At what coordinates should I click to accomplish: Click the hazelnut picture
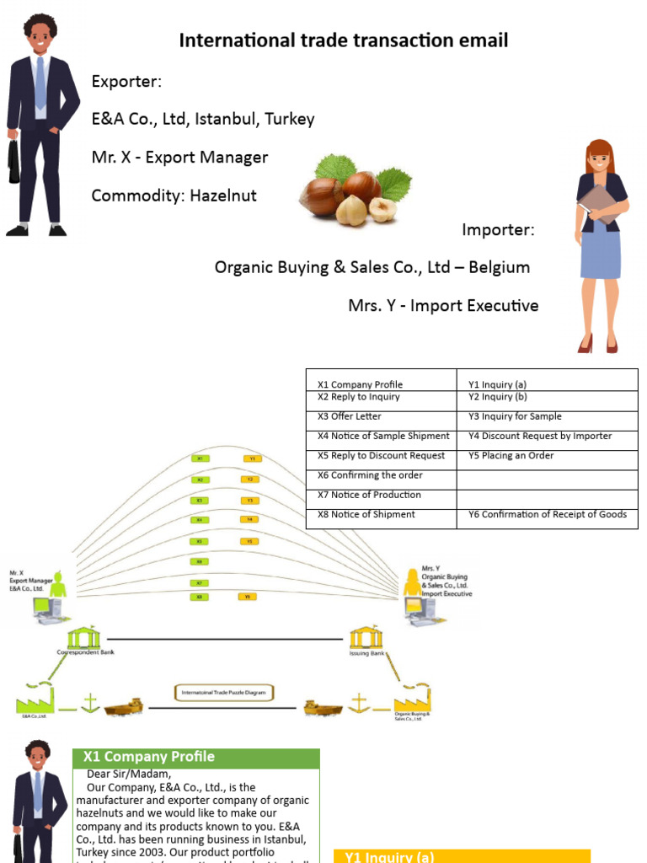pos(354,189)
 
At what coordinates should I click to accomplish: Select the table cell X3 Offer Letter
pos(381,416)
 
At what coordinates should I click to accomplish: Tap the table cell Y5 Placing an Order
pos(547,456)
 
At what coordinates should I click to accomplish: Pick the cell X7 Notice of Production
pos(381,495)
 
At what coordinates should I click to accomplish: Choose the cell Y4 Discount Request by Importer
pos(547,436)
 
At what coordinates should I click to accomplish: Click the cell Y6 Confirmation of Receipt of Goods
pos(547,514)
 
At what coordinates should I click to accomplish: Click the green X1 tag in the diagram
pos(201,458)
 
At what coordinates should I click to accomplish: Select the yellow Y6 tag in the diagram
pos(246,597)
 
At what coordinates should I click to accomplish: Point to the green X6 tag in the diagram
pos(201,561)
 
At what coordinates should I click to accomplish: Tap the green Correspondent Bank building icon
pos(83,637)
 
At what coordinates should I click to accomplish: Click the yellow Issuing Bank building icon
pos(366,637)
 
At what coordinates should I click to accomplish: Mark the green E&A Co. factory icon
pos(35,700)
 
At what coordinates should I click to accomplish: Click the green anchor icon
pos(88,702)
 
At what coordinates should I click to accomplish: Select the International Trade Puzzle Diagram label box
pos(224,693)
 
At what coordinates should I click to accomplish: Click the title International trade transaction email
pos(344,40)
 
